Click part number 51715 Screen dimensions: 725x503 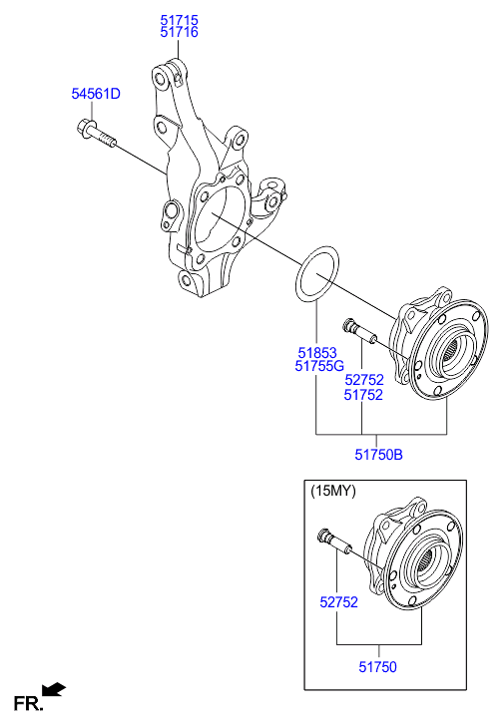point(180,19)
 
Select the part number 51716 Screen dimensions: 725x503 point(180,32)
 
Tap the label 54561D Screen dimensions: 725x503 point(95,94)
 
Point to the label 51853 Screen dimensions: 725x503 point(316,352)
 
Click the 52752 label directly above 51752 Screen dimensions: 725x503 point(363,380)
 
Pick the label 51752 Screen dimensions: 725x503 point(363,394)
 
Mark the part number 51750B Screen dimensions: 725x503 point(378,456)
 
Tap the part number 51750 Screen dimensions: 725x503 point(378,663)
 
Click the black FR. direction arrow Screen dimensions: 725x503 point(55,688)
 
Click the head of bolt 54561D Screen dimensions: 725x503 point(84,129)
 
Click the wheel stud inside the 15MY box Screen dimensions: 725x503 point(331,540)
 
